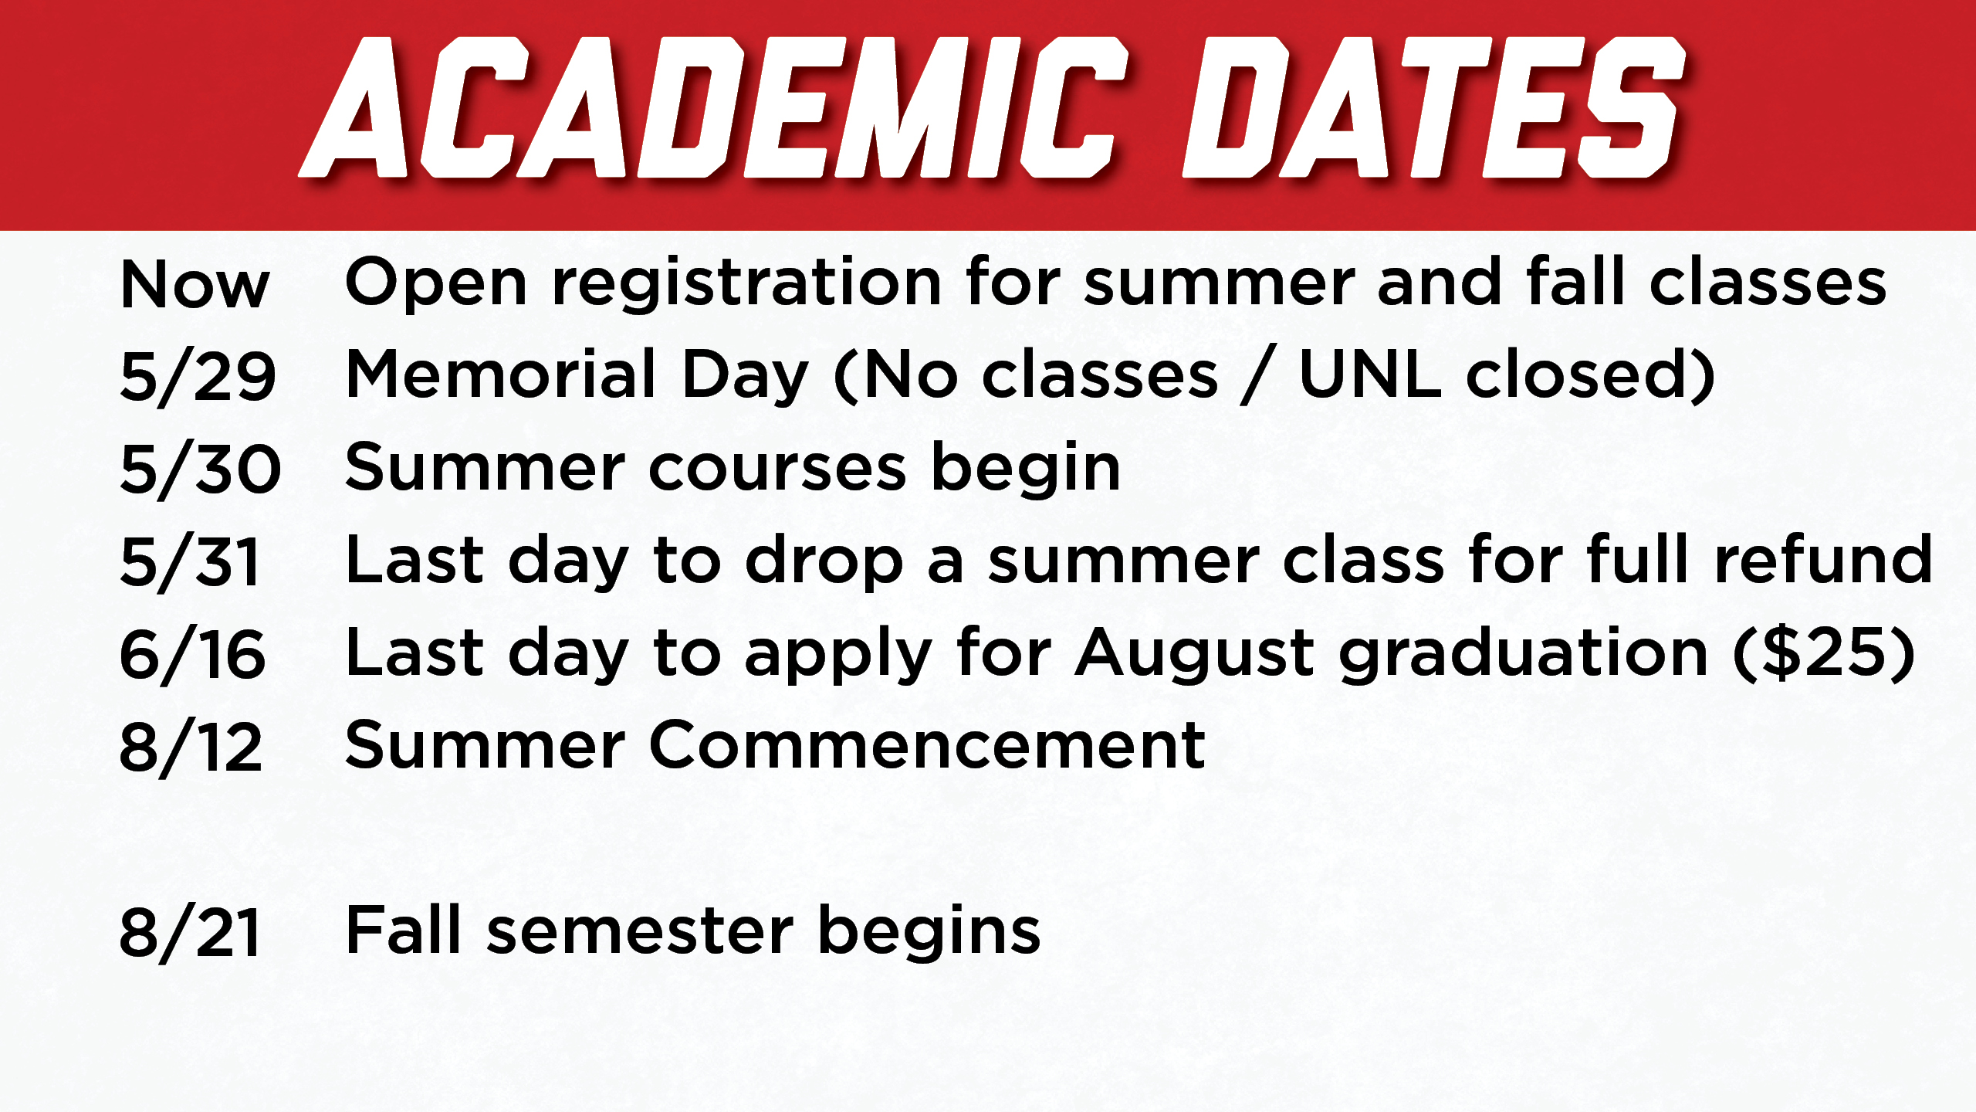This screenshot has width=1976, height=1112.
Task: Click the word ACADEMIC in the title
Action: click(714, 107)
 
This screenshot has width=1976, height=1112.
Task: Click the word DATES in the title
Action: click(1434, 107)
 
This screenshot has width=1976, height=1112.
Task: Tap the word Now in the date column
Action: click(195, 285)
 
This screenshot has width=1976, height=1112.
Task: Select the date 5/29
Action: click(198, 377)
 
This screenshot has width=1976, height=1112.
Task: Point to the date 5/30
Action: click(201, 470)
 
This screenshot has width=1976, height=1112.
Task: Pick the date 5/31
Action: click(190, 562)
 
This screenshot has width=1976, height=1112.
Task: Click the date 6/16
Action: click(193, 655)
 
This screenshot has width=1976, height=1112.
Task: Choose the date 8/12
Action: click(191, 748)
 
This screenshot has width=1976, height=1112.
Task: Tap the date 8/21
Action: click(190, 933)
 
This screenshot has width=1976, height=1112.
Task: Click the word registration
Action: click(747, 284)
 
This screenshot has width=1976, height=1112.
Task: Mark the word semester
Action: click(641, 932)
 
